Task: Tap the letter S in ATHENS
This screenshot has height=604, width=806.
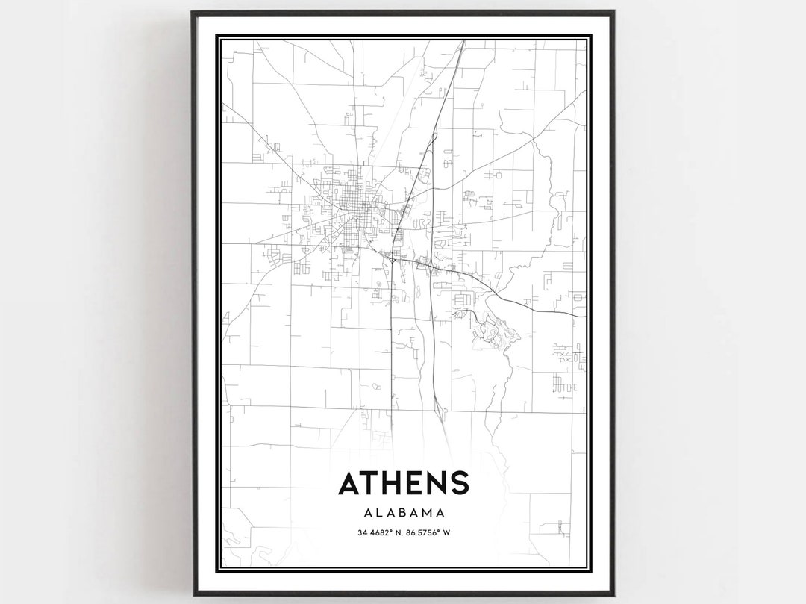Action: tap(458, 483)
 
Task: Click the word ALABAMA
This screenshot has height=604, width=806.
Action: tap(404, 513)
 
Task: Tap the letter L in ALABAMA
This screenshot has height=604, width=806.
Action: tap(379, 513)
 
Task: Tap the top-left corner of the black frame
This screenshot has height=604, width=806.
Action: tap(193, 13)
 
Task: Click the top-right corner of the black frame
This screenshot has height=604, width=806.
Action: tap(613, 13)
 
